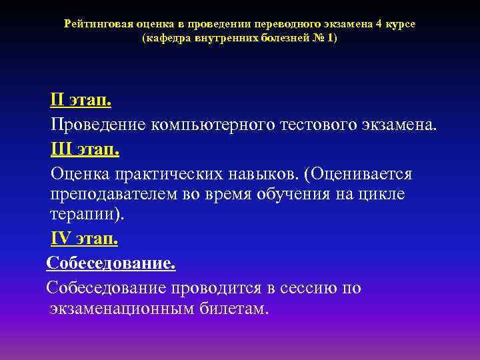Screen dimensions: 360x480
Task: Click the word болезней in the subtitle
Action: coord(279,38)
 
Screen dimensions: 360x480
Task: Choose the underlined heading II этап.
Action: coord(81,101)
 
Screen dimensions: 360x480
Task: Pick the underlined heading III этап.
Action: coord(85,149)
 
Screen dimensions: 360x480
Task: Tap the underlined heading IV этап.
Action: coord(84,238)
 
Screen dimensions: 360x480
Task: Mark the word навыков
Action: coord(264,173)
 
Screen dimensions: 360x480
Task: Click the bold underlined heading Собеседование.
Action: coord(111,263)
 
